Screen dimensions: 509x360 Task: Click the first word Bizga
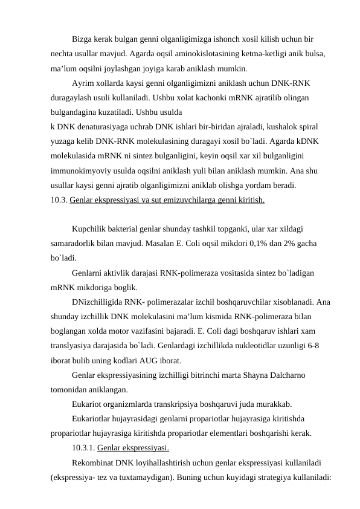(82, 39)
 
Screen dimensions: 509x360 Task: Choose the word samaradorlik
(77, 244)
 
